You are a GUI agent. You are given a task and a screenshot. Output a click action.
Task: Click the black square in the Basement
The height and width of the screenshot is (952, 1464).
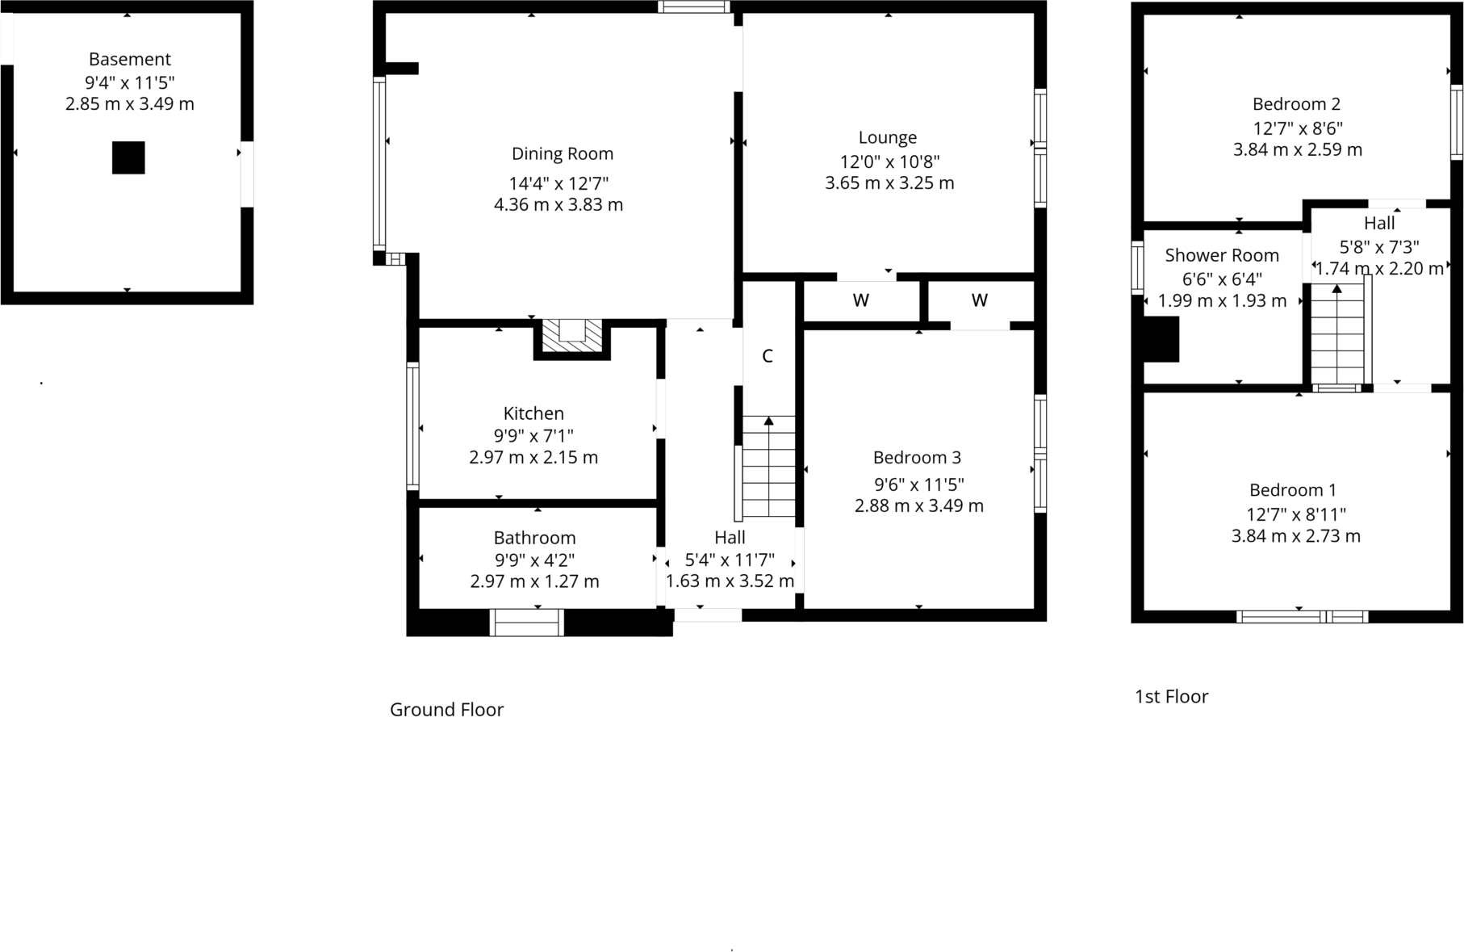(x=128, y=157)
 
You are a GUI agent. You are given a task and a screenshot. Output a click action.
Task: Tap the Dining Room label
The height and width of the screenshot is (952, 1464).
(x=563, y=153)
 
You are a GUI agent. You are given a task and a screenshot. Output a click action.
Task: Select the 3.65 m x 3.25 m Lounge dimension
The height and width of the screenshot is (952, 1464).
(x=889, y=183)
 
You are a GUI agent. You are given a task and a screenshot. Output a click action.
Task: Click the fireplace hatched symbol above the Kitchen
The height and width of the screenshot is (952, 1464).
(x=572, y=335)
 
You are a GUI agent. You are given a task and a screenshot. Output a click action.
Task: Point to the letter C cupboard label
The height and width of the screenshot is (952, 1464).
(x=768, y=356)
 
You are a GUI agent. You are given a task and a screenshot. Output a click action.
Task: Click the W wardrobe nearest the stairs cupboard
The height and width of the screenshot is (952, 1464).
(x=861, y=301)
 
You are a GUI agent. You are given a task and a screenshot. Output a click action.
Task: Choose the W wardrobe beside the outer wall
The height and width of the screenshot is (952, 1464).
(x=980, y=301)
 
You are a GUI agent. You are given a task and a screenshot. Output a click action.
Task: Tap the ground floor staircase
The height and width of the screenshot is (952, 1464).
(x=768, y=468)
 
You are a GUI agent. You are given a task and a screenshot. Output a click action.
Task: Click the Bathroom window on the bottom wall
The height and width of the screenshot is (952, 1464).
(x=526, y=623)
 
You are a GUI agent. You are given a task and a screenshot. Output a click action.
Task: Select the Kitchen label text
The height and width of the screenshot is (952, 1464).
(x=533, y=413)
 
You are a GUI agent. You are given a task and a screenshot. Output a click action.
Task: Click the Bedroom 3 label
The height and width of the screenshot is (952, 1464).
(x=917, y=458)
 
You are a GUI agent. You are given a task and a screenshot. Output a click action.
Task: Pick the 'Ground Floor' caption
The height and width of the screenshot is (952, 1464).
(x=446, y=710)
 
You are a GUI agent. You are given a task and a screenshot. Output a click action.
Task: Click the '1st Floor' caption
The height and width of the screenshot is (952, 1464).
(x=1171, y=697)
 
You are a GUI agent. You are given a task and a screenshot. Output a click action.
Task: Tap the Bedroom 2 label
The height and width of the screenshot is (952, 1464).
(x=1296, y=104)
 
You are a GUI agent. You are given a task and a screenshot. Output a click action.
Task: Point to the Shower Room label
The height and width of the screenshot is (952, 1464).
(x=1222, y=256)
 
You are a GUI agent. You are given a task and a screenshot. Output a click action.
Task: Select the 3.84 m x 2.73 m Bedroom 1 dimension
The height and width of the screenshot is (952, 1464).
(x=1295, y=536)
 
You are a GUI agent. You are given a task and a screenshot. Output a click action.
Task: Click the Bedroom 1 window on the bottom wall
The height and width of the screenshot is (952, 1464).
(x=1302, y=617)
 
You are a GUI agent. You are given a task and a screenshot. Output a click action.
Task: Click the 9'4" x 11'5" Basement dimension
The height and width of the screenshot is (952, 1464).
(x=130, y=82)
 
